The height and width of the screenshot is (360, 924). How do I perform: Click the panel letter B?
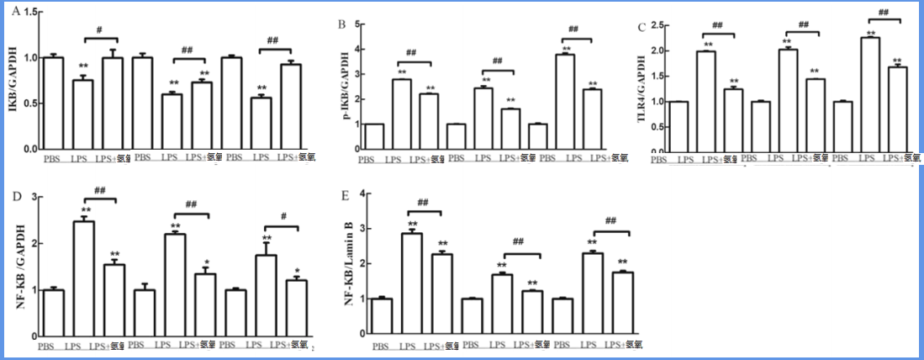coord(341,25)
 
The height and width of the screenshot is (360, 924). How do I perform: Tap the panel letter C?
coord(642,28)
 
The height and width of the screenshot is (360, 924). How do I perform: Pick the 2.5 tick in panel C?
coord(657,25)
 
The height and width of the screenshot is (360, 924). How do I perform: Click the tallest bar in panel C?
coord(869,94)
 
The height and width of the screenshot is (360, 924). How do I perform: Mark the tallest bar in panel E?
coord(412,283)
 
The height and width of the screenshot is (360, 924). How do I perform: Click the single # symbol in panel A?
coord(99,30)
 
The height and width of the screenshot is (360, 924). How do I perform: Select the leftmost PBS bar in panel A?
coord(54,104)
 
